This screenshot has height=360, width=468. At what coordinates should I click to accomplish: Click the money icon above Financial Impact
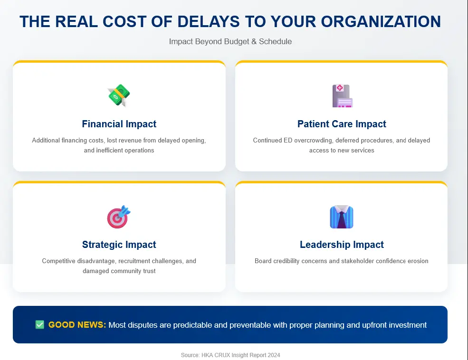(x=119, y=95)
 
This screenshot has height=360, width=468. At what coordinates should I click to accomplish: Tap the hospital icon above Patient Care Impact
(x=342, y=95)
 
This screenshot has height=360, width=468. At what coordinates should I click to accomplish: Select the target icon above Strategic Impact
(x=119, y=217)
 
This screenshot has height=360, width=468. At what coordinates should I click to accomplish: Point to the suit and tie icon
(x=342, y=217)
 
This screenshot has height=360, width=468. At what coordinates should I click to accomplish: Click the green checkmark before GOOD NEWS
(x=40, y=325)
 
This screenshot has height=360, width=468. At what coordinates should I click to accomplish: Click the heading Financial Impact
(x=119, y=124)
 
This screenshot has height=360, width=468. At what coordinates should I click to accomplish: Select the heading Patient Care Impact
(x=342, y=124)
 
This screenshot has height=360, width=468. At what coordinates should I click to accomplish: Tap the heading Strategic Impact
(x=119, y=245)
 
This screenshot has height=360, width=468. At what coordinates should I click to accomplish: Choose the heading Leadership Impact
(x=342, y=245)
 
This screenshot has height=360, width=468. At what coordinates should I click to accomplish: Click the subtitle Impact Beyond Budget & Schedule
(x=230, y=41)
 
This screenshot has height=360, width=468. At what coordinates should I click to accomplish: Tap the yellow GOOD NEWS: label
(x=77, y=325)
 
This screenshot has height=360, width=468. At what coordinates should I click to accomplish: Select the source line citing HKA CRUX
(x=230, y=355)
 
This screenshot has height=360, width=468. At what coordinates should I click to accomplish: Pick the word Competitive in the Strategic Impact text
(x=59, y=261)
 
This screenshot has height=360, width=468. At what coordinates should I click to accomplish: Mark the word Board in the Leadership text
(x=263, y=261)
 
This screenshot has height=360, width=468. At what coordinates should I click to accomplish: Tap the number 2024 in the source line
(x=274, y=355)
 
